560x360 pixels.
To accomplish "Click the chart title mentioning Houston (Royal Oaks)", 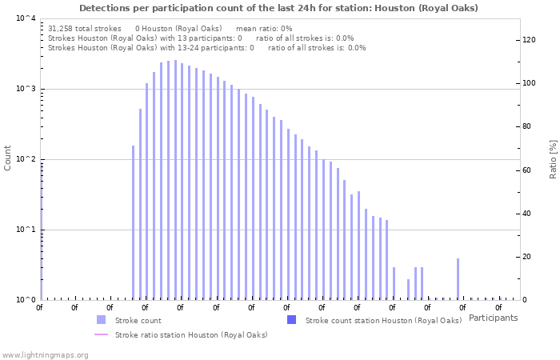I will click(279, 8).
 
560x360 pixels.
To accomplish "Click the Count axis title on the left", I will click(8, 158).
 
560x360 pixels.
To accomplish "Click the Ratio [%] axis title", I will click(552, 158).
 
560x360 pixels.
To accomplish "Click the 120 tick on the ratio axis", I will click(530, 40).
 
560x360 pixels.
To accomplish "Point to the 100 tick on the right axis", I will click(530, 83).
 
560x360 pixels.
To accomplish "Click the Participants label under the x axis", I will click(493, 318).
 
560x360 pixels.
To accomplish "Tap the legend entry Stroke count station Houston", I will click(383, 320).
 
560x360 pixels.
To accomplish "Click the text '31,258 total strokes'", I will click(84, 28).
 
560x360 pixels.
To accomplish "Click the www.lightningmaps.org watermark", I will click(46, 354).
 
